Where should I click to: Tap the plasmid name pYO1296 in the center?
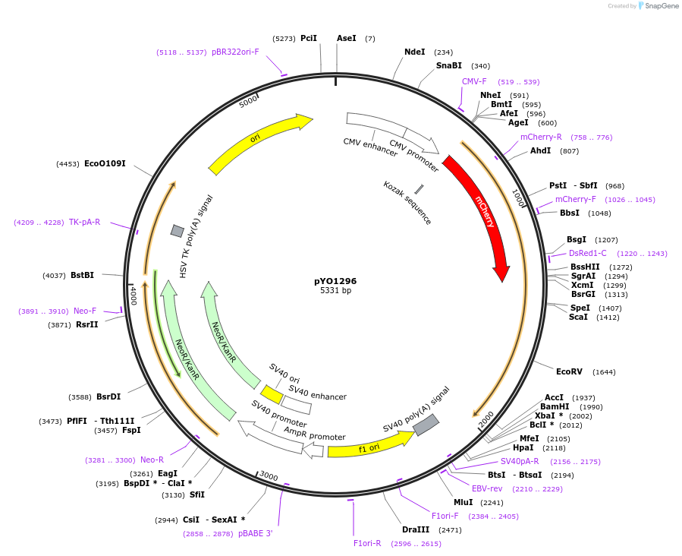[x=335, y=281]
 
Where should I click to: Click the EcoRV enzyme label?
[x=569, y=371]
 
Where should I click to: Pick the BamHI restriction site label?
[x=555, y=406]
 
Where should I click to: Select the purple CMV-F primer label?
[x=474, y=81]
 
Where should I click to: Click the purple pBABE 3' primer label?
[x=255, y=534]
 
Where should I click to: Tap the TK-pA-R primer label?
[x=84, y=222]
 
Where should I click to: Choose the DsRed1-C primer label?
[x=588, y=253]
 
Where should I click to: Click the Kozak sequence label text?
[x=407, y=203]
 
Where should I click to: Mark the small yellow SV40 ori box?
[x=272, y=394]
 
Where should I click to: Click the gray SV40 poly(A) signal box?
[x=426, y=425]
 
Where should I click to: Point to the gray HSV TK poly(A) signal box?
[x=178, y=231]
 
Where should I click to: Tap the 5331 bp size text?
[x=335, y=291]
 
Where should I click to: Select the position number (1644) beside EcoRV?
[x=605, y=372]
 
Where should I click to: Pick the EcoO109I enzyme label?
[x=105, y=163]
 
